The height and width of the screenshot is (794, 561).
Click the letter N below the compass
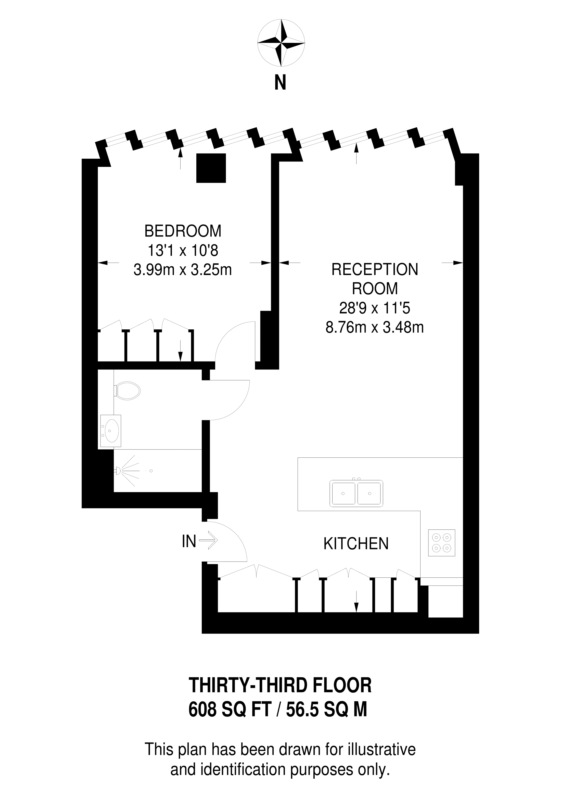point(280,83)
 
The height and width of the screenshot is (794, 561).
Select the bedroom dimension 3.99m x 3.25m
point(183,270)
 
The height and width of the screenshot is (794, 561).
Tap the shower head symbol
point(118,470)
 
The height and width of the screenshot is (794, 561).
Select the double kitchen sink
point(356,493)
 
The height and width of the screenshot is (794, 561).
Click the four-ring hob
point(441,543)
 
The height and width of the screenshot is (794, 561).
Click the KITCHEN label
point(356,544)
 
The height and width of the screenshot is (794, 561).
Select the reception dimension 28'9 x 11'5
point(375,308)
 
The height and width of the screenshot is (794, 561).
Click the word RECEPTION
point(375,270)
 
